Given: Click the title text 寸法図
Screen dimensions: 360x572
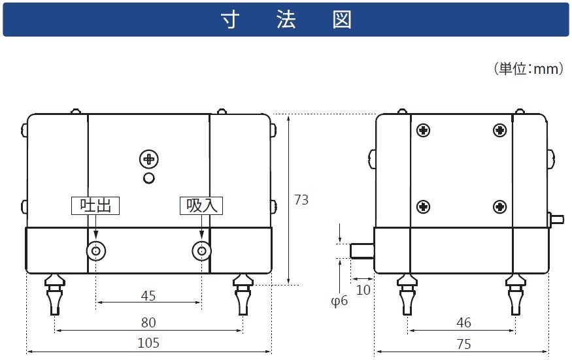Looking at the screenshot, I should (x=286, y=20).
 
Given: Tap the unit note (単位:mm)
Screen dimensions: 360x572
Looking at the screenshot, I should (x=528, y=69).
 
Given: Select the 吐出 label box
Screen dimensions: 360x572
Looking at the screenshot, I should (x=95, y=205).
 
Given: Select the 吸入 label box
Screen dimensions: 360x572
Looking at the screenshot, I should (x=201, y=205).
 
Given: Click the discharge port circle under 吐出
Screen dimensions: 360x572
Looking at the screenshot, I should (x=96, y=251).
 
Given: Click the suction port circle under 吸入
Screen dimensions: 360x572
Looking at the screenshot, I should (x=201, y=251).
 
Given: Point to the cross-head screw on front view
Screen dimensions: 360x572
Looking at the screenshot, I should (x=149, y=159).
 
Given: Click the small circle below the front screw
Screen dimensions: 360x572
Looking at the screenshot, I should (x=149, y=178).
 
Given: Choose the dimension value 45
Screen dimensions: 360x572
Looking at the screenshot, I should (x=148, y=296).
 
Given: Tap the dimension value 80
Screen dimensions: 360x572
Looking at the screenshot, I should (x=148, y=322).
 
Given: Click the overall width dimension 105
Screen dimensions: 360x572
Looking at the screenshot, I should (x=148, y=343).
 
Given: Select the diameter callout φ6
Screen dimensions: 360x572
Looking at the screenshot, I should (x=340, y=301).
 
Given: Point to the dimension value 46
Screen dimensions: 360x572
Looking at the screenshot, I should (x=462, y=323).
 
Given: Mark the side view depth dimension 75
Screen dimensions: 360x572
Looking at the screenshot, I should (x=462, y=343).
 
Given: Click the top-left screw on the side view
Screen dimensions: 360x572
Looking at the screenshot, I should (x=424, y=130).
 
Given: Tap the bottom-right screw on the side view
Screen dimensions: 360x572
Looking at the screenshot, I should (x=499, y=207).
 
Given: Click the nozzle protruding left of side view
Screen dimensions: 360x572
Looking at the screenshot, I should (x=361, y=251).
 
